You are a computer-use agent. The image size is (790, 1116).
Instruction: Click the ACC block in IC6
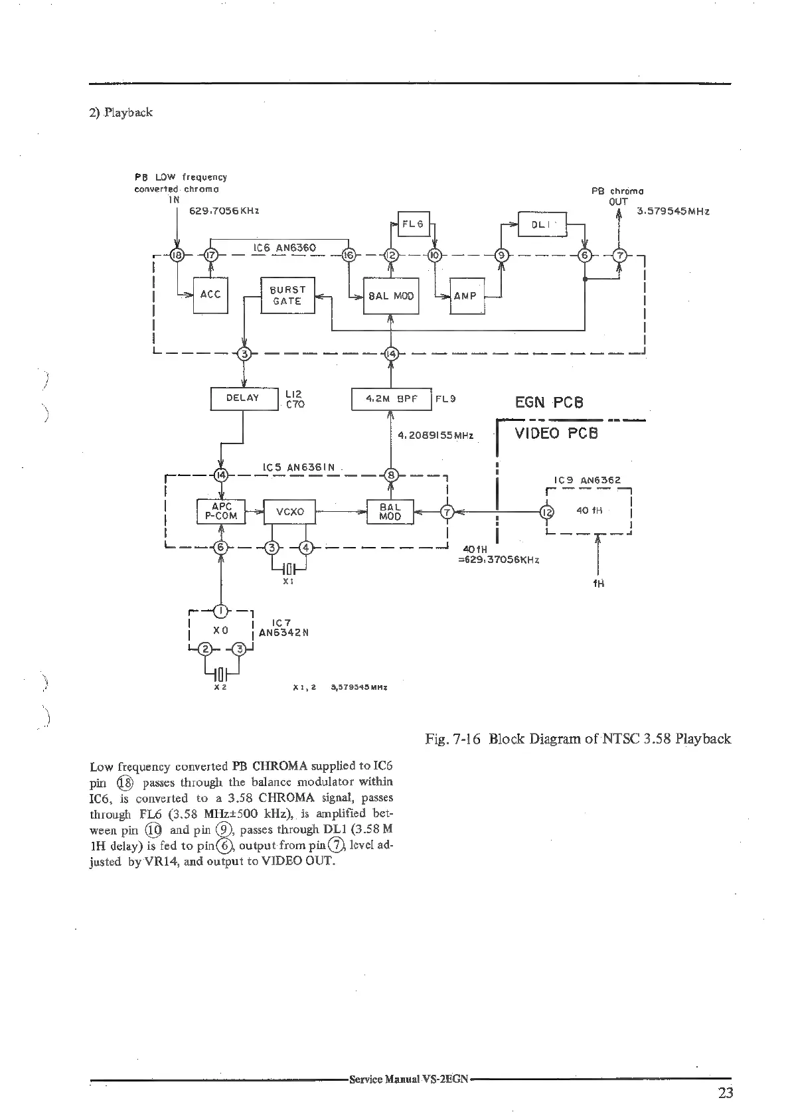pos(210,295)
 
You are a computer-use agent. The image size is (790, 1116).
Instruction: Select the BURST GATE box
pos(287,295)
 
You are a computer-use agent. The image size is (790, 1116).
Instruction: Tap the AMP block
pos(467,296)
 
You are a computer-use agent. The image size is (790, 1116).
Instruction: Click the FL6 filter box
pos(413,224)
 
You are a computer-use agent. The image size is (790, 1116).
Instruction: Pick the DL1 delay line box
pos(542,224)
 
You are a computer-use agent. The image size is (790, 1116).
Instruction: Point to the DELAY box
pos(243,398)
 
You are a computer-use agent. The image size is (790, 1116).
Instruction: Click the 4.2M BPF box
pos(391,399)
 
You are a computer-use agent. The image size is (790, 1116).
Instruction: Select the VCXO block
pos(289,512)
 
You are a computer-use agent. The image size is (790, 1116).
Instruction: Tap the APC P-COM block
pos(221,512)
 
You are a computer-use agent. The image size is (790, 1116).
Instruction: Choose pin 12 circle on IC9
pos(546,512)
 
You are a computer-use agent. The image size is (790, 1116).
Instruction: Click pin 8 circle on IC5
pos(391,475)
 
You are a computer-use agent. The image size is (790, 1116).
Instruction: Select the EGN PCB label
pos(549,402)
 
